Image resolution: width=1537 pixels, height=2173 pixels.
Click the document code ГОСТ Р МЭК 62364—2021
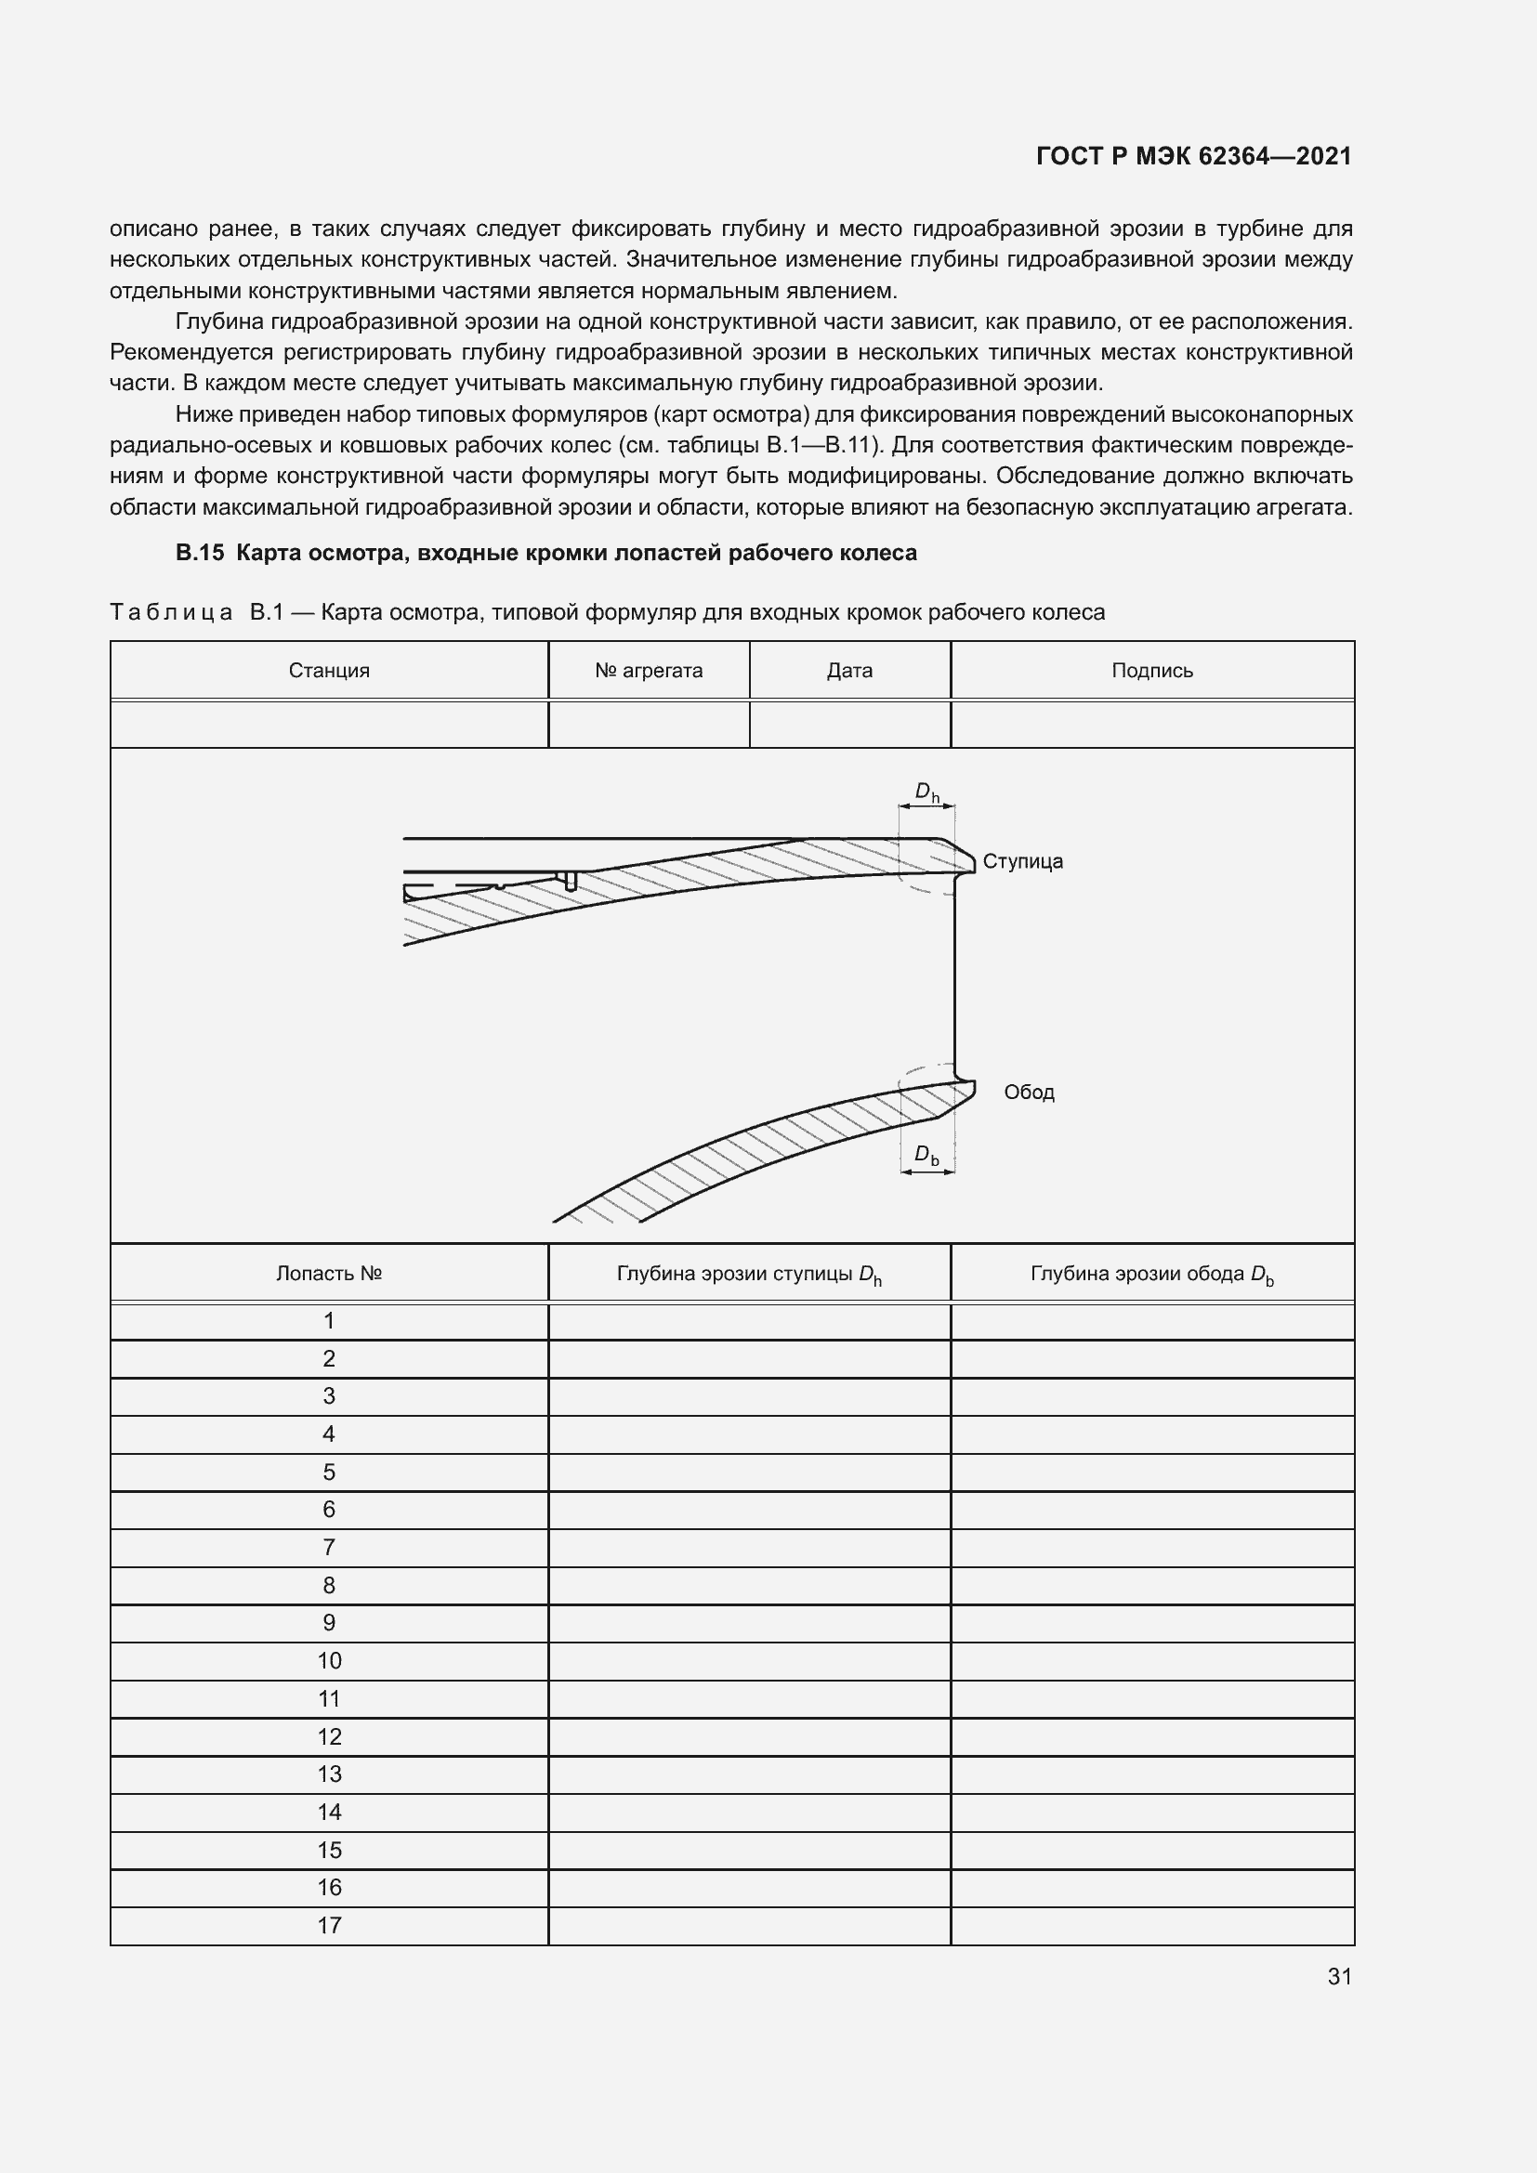1193,156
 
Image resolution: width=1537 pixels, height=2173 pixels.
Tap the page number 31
1339,1976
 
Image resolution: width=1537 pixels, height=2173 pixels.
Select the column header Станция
328,671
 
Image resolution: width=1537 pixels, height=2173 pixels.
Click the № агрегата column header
649,671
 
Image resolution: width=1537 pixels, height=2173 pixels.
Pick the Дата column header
849,671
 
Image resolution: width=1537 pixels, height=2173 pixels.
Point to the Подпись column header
1151,671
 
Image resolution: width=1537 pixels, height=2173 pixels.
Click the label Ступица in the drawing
1022,861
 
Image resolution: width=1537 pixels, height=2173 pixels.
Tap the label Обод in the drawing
1029,1093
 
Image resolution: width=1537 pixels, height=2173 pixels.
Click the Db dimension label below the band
926,1155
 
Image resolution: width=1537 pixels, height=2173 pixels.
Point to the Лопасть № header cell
328,1274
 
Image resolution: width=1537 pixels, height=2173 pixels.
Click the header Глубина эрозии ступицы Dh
749,1275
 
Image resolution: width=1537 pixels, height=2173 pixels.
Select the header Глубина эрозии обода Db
1151,1275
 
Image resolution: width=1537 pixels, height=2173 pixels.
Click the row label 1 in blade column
328,1321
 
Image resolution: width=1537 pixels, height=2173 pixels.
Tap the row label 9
328,1623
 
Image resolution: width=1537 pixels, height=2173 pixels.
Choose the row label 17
328,1925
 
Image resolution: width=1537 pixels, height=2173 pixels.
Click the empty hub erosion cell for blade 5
749,1473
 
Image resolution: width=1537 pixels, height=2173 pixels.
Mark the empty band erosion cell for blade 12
1151,1736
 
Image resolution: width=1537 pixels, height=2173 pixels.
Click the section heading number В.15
200,554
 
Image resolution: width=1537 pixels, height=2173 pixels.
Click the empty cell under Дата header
849,725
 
